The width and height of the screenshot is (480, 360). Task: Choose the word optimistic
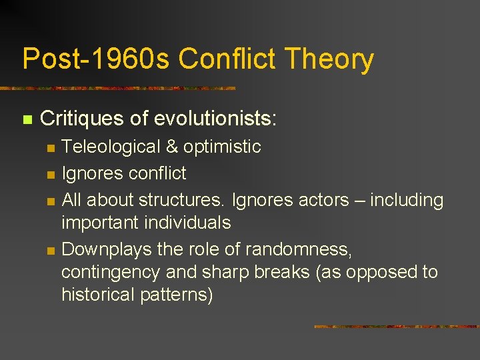(223, 147)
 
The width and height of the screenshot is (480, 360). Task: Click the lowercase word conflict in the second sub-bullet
(155, 173)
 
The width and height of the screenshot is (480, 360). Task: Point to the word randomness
(297, 249)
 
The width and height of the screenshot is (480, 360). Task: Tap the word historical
(97, 295)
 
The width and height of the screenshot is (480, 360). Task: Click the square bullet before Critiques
(27, 120)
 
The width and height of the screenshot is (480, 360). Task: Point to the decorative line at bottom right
(396, 327)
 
